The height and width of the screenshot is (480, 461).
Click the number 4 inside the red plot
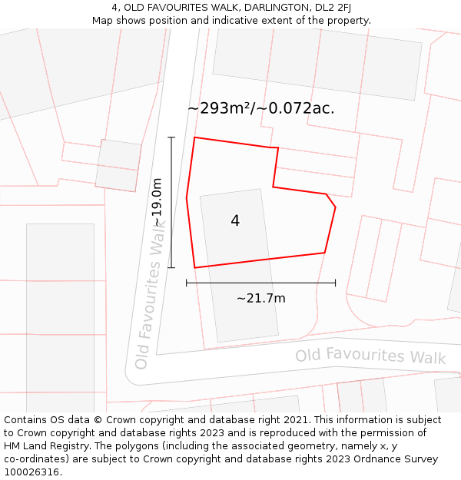[235, 221]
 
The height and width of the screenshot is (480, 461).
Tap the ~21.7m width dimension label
[260, 298]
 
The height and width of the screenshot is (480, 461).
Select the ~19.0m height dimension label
[158, 202]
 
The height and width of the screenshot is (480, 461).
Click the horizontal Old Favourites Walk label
[370, 356]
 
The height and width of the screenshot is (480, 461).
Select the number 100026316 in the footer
[32, 472]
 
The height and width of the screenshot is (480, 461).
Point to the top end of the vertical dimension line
[171, 137]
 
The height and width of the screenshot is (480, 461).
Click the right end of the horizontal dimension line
[335, 283]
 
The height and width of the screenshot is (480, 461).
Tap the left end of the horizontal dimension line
[187, 283]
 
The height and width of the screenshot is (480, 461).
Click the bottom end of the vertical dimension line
[171, 267]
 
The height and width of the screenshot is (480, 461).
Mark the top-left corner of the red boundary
[194, 138]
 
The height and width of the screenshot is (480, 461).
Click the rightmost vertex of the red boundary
[335, 207]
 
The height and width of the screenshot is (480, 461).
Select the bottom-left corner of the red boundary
[195, 267]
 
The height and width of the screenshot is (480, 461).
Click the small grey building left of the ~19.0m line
[118, 165]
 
